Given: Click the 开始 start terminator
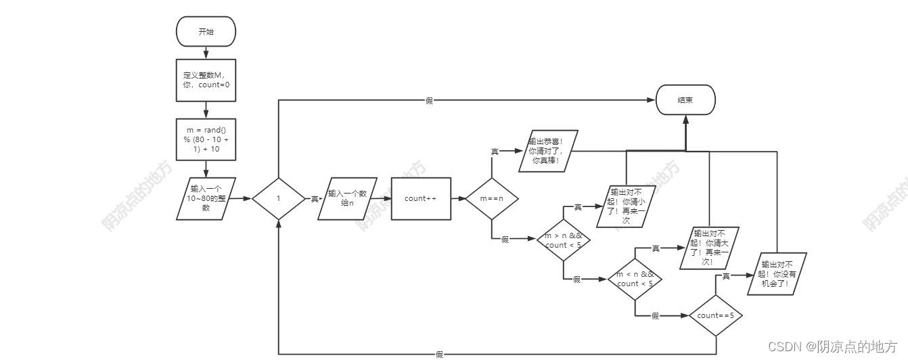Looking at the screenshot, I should point(206,32).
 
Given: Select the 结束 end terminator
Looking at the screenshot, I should point(685,99).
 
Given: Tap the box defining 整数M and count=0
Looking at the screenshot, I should point(206,81).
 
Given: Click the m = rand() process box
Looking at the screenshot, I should point(206,139).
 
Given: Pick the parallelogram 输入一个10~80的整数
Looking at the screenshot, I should point(206,198).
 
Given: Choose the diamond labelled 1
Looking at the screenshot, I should point(278,199).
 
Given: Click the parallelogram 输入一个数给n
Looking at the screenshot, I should point(347,198).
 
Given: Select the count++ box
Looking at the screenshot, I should point(421,198).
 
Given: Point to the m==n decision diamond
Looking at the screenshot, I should point(492,199).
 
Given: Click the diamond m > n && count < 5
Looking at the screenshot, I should point(563,240).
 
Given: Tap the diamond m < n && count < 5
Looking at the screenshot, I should point(635,279).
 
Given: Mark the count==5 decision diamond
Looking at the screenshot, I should point(715,315).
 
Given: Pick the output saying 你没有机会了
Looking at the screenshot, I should point(778,273).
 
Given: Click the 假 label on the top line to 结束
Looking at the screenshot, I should point(429,100).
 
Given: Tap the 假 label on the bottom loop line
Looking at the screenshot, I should point(439,354).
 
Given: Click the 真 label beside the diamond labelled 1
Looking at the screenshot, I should point(315,199).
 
